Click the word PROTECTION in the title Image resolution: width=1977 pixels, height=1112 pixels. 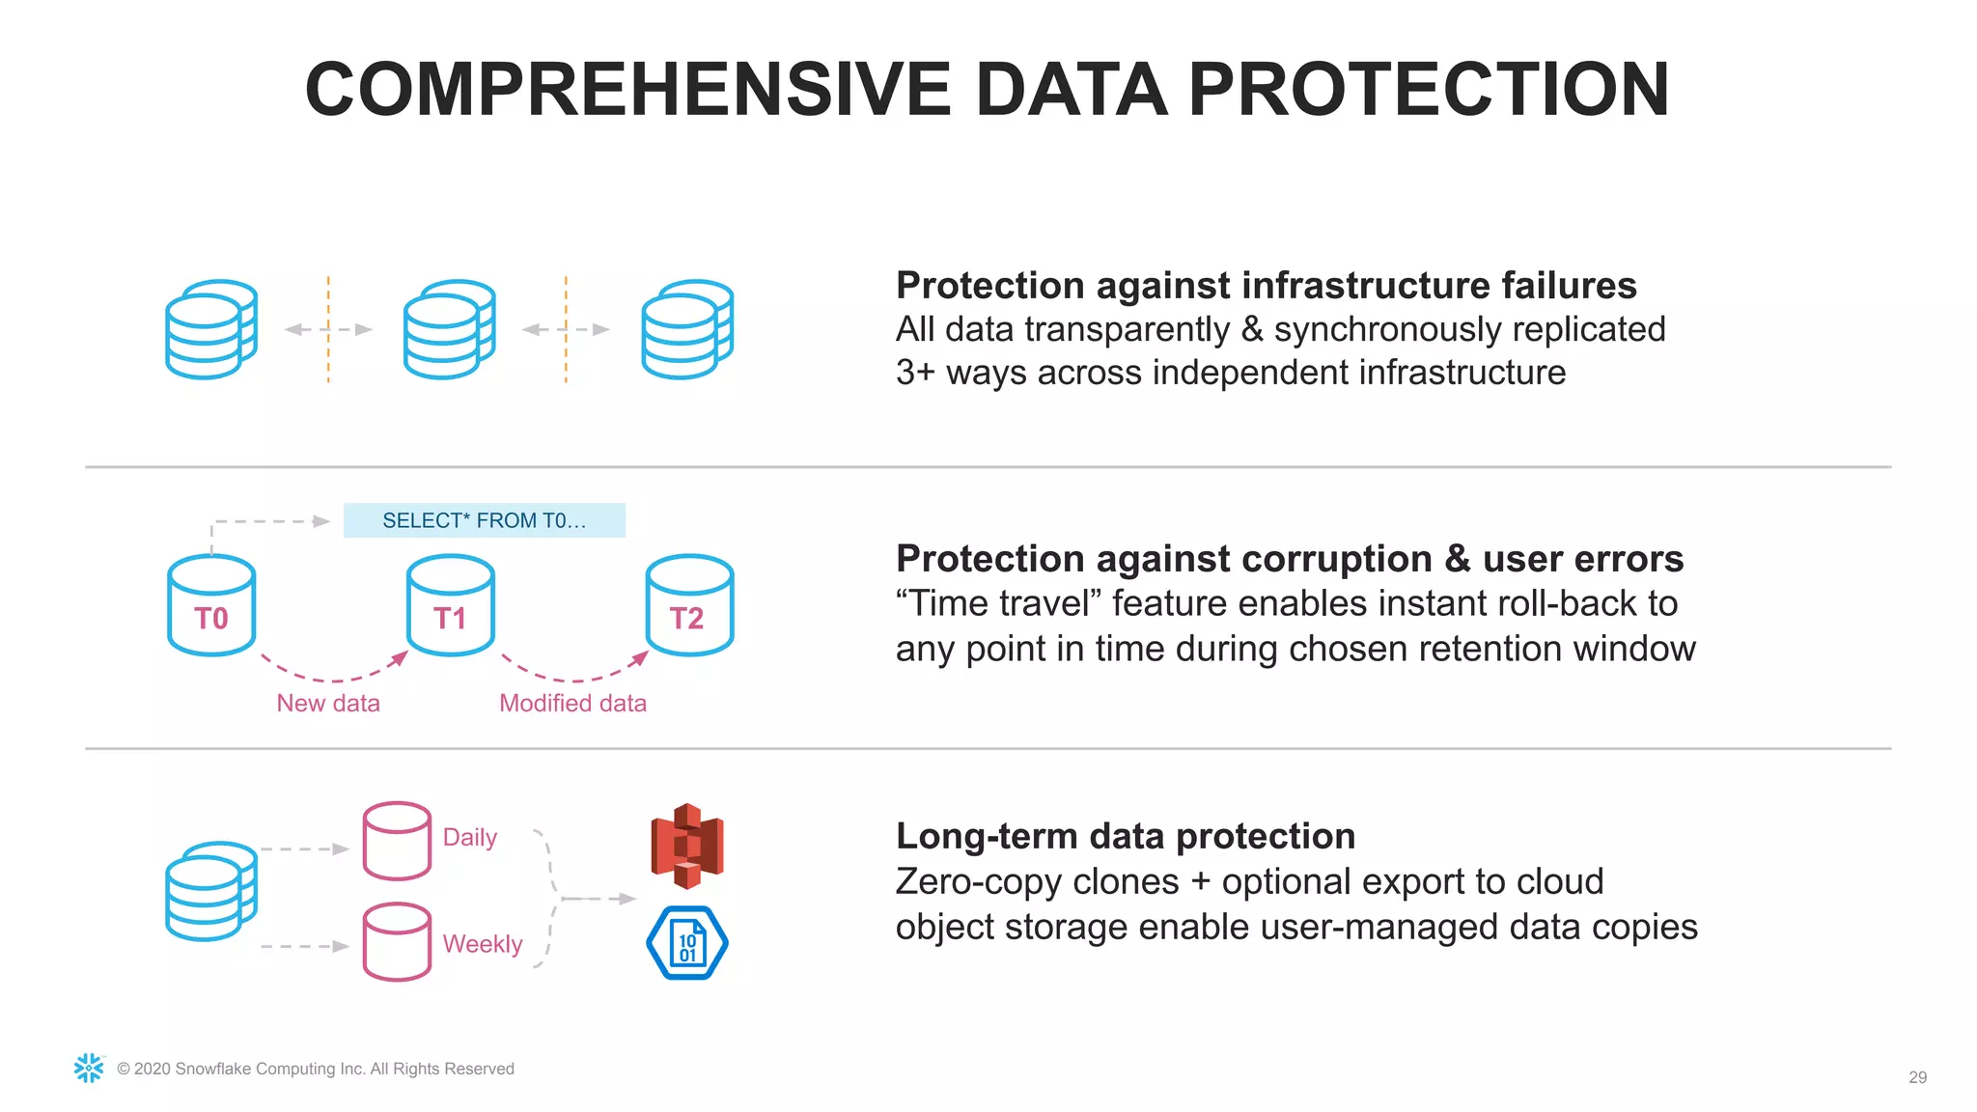point(1428,90)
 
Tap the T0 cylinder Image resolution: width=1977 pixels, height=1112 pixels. point(211,606)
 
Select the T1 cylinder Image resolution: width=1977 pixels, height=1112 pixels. point(450,606)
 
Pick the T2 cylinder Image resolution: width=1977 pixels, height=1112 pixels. point(688,606)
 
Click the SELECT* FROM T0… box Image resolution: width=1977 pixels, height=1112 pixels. point(484,520)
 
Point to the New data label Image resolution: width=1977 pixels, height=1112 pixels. point(328,703)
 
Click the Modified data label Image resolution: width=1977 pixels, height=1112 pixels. point(572,703)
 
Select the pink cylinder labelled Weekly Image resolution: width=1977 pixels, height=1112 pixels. point(397,942)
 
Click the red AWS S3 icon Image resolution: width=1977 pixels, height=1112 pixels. point(686,846)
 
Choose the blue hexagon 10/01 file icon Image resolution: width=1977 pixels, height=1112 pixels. point(686,943)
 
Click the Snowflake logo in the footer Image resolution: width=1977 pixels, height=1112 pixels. point(89,1068)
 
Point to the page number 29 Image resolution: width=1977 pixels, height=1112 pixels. point(1917,1077)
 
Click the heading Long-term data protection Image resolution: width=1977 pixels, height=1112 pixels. point(1125,836)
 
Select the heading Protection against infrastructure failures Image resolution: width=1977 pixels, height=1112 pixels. point(1266,286)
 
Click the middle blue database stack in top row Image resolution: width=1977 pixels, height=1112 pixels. point(449,329)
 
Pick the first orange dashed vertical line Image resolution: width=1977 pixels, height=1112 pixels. point(328,329)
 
